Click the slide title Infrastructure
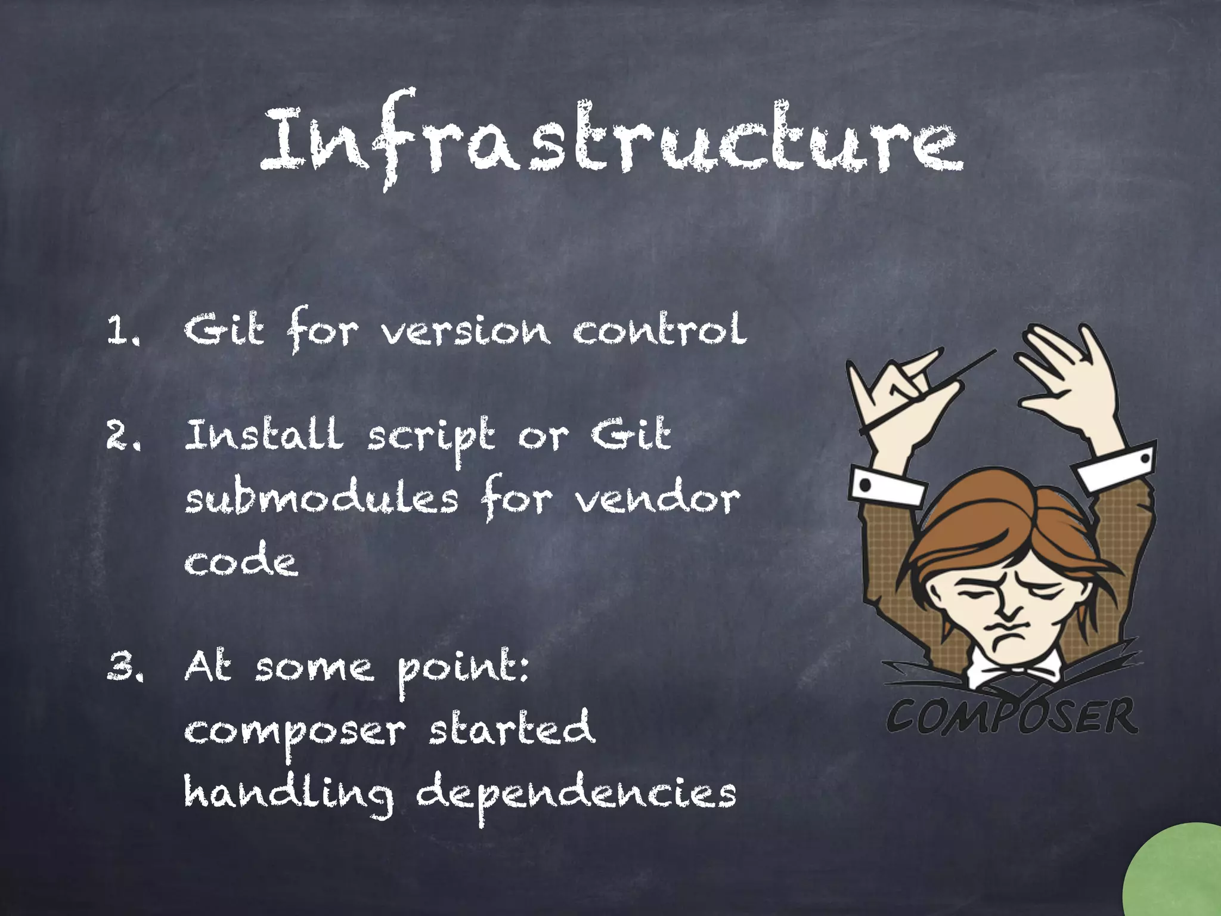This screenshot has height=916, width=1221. [x=610, y=140]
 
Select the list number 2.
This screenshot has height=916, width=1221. [x=123, y=437]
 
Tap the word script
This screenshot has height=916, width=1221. [x=430, y=438]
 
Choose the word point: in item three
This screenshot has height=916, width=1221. [x=463, y=671]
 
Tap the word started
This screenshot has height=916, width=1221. [x=511, y=729]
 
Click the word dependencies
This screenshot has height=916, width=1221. [x=576, y=795]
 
